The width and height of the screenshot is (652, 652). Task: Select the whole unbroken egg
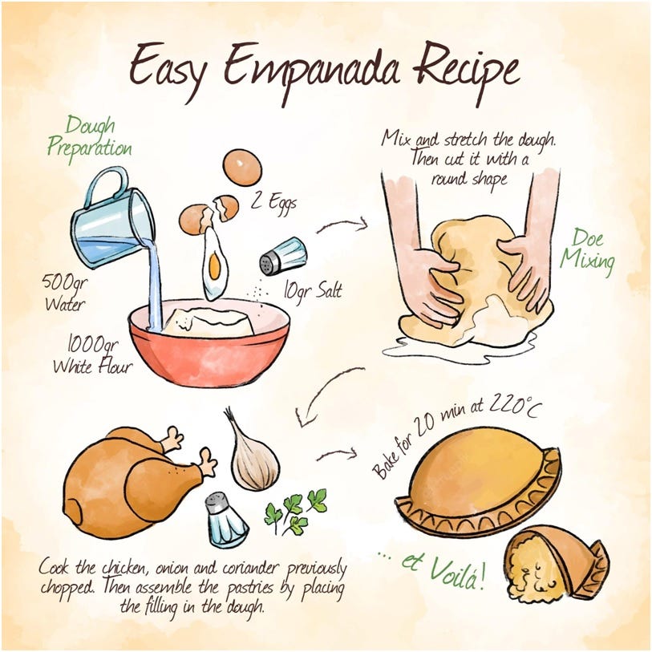[242, 167]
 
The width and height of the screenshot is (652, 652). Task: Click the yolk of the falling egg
[215, 266]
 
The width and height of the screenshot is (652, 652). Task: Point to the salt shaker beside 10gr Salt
[283, 256]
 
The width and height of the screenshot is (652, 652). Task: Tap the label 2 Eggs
[273, 203]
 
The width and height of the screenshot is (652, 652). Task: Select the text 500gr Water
[65, 293]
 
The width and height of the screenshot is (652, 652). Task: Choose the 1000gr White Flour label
[93, 354]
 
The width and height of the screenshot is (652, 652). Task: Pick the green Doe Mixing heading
[587, 252]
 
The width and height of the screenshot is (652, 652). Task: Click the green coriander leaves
[295, 511]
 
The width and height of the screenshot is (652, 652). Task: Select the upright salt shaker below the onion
[226, 520]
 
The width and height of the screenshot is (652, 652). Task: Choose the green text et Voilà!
[443, 567]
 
